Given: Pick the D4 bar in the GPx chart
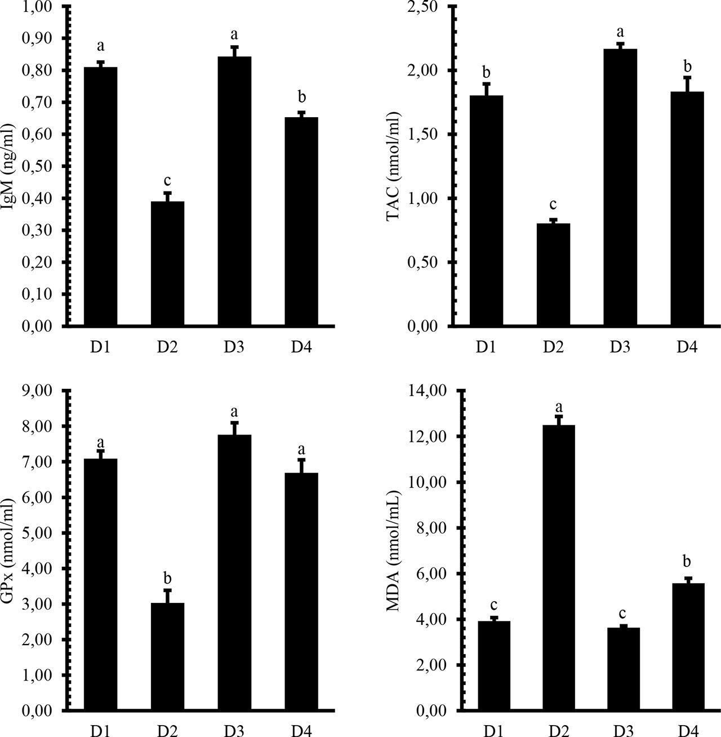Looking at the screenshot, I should pyautogui.click(x=301, y=592).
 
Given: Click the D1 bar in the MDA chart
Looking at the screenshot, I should pyautogui.click(x=493, y=665).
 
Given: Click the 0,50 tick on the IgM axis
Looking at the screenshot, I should pyautogui.click(x=43, y=166).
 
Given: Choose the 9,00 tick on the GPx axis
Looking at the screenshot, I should pyautogui.click(x=43, y=390).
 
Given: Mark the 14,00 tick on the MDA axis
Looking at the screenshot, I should pyautogui.click(x=429, y=390).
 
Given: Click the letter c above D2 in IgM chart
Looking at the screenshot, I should pyautogui.click(x=167, y=181).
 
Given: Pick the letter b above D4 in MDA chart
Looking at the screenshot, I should pyautogui.click(x=686, y=561).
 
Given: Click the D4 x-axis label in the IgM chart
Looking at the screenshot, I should pyautogui.click(x=301, y=347).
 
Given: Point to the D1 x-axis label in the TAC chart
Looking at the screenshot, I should pyautogui.click(x=486, y=347).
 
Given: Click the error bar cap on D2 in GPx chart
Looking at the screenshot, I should pyautogui.click(x=167, y=591).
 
